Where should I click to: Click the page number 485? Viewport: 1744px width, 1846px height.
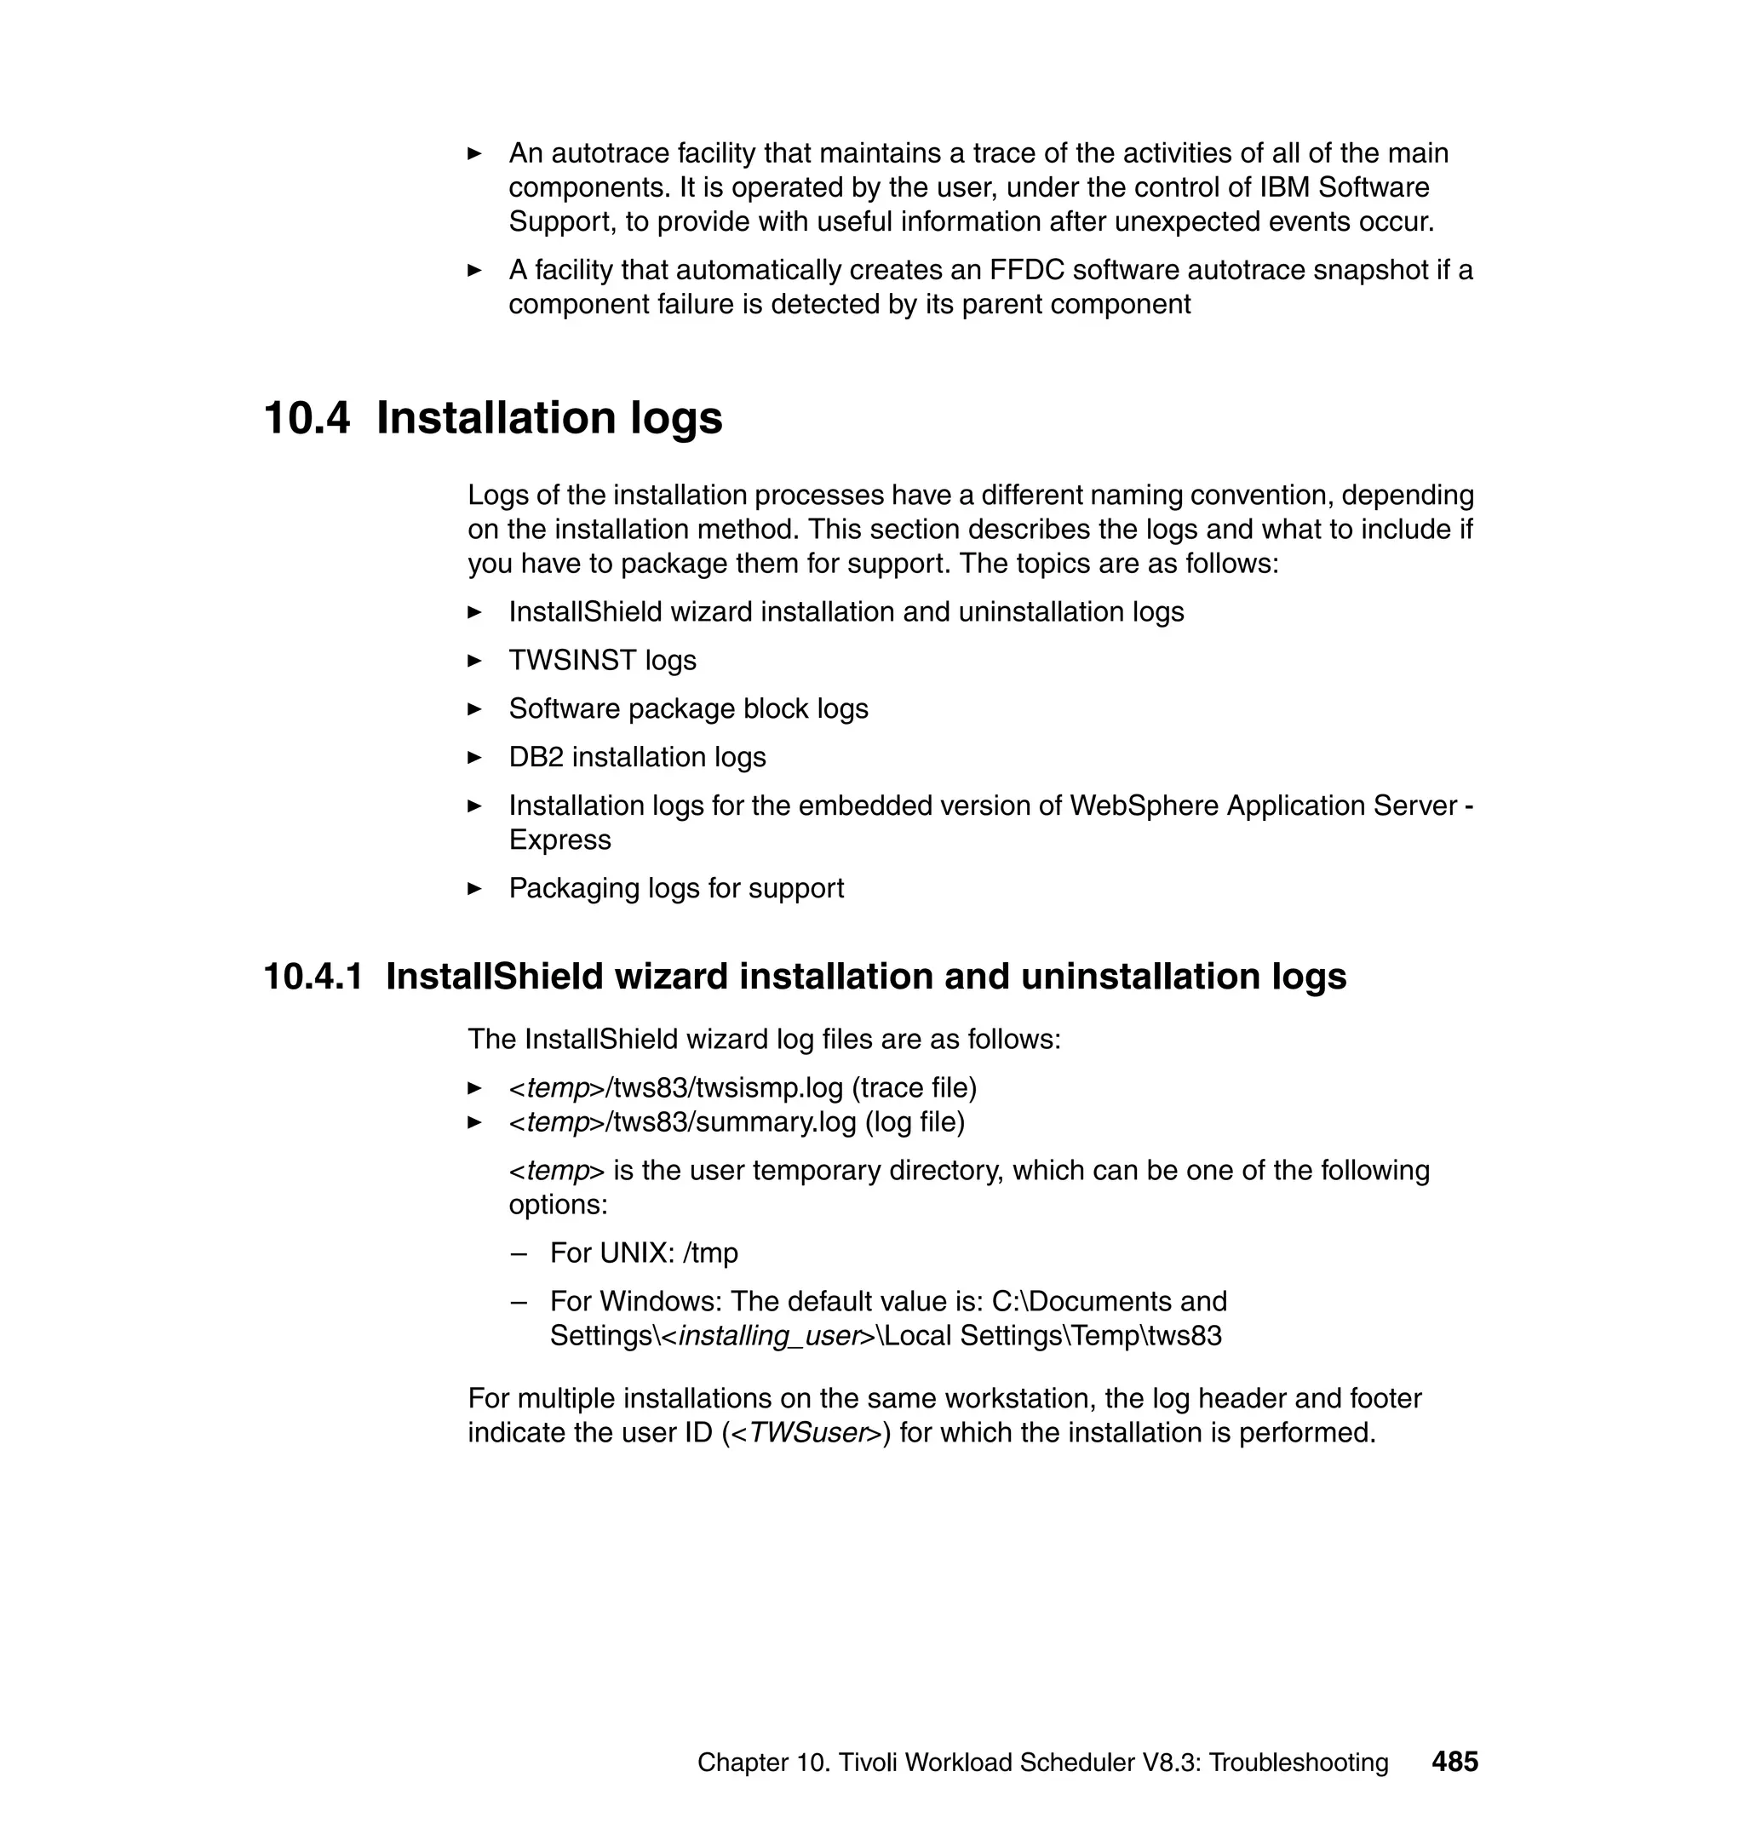pyautogui.click(x=1454, y=1761)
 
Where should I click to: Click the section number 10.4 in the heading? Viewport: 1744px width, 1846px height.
pyautogui.click(x=307, y=418)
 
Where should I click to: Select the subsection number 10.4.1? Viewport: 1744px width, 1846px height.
pyautogui.click(x=313, y=977)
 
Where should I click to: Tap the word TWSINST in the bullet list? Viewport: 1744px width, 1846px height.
pyautogui.click(x=571, y=660)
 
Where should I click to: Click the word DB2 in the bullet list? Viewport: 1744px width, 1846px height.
pyautogui.click(x=536, y=757)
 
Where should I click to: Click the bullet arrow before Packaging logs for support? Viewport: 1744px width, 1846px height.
pyautogui.click(x=474, y=889)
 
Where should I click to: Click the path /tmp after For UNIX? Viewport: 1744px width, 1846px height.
pyautogui.click(x=710, y=1253)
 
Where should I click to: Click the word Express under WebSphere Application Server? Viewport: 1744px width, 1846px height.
pyautogui.click(x=559, y=840)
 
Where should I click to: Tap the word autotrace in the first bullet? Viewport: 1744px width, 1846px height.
pyautogui.click(x=609, y=153)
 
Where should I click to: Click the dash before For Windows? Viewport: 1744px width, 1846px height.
pyautogui.click(x=519, y=1301)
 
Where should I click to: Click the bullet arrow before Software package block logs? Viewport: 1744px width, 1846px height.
pyautogui.click(x=474, y=709)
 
